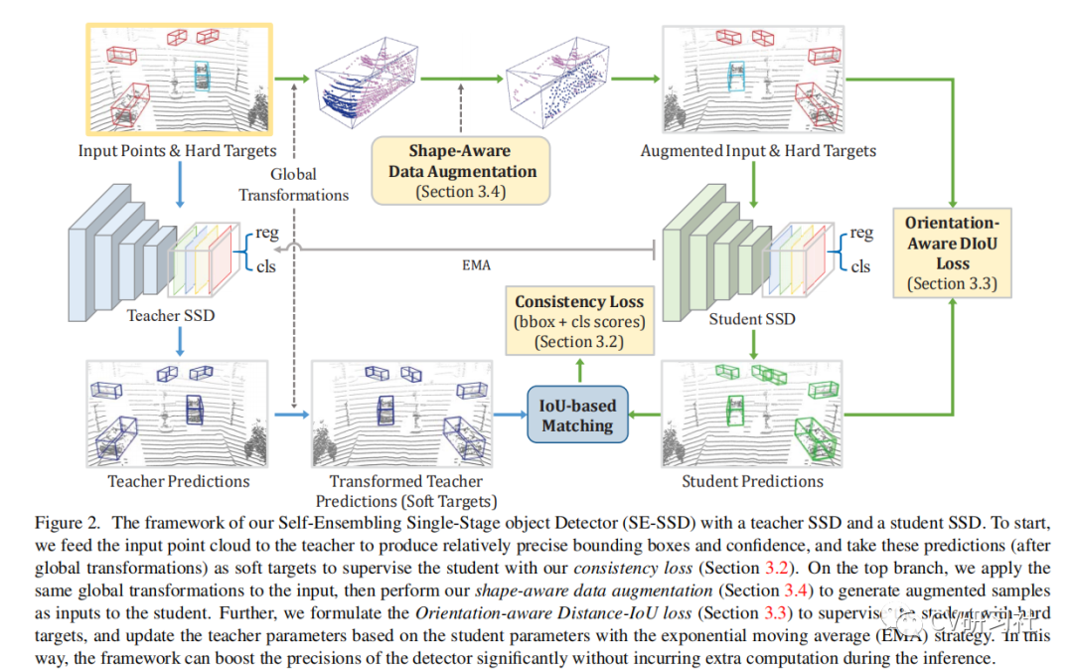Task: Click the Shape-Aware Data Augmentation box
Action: pos(459,169)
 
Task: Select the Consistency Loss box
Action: pos(579,320)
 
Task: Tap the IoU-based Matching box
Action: pos(577,416)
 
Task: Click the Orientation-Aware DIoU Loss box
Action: pos(952,252)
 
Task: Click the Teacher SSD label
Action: pos(170,315)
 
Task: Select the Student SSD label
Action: pos(752,319)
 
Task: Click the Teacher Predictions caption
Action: pos(178,481)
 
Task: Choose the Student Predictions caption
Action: pos(752,481)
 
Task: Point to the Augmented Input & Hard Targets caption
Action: pos(758,151)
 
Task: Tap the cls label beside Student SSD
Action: pos(860,266)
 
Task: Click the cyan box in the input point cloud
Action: pos(203,76)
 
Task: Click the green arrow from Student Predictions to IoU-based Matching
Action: pos(646,414)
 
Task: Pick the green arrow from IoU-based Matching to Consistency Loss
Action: pos(579,369)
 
